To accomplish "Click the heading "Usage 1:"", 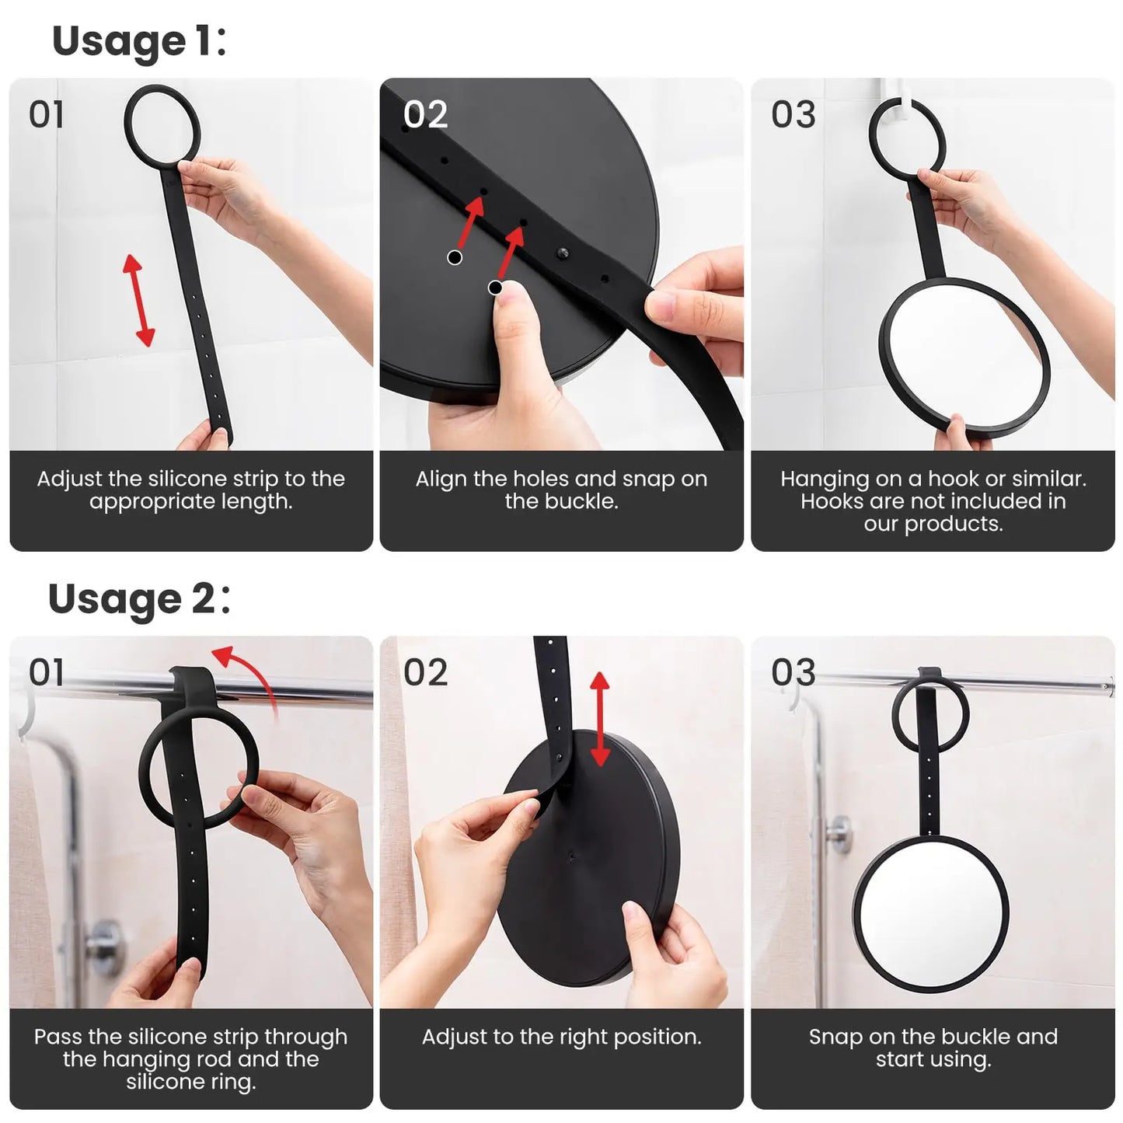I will (138, 42).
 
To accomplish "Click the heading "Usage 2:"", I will (138, 599).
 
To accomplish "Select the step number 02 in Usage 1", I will (425, 115).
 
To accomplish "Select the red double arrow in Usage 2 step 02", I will (599, 719).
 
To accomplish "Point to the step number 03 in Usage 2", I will (793, 672).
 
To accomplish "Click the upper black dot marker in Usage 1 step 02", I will (455, 257).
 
